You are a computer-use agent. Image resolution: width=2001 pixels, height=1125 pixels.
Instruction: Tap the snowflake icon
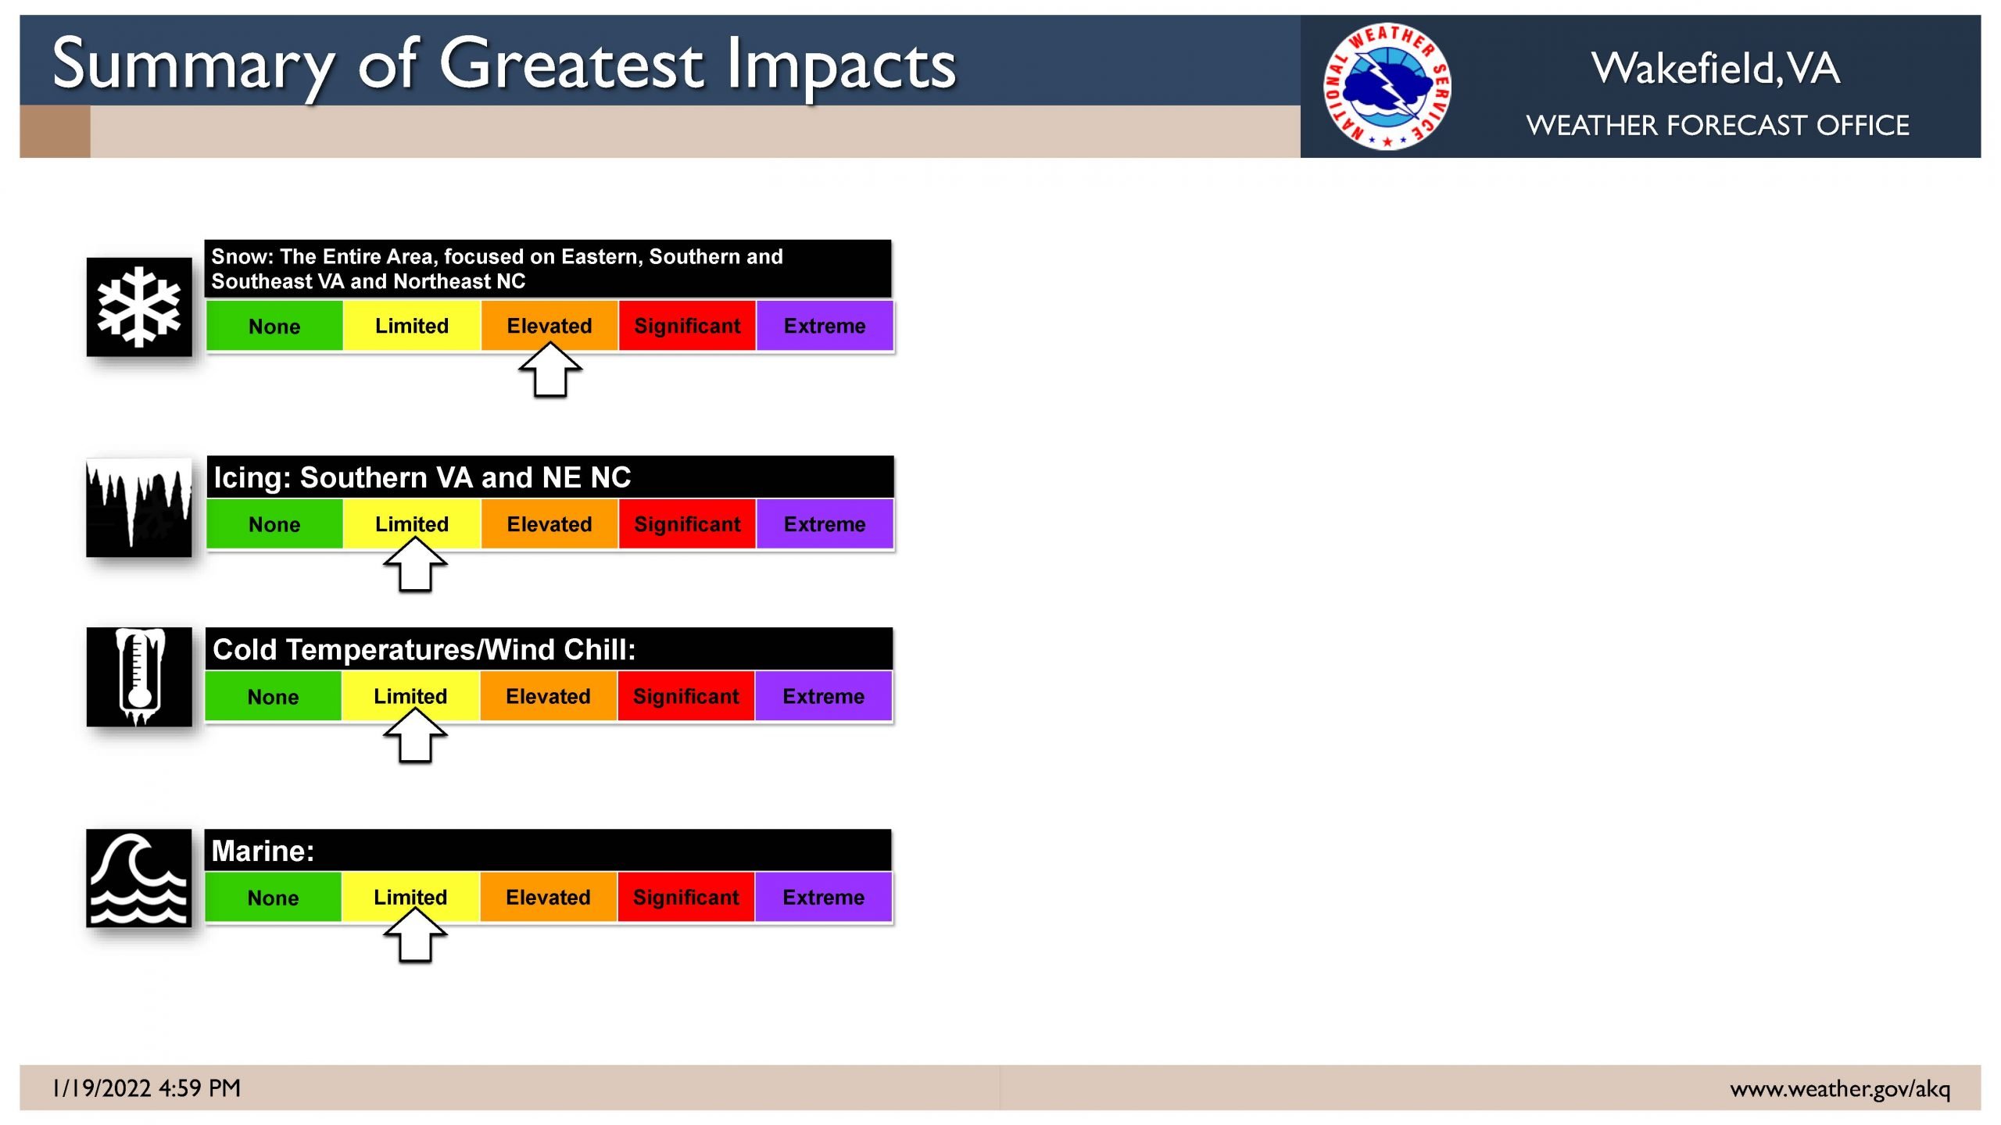point(139,307)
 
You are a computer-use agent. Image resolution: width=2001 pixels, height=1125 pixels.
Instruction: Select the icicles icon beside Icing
point(139,508)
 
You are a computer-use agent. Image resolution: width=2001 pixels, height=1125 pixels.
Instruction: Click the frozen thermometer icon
point(139,677)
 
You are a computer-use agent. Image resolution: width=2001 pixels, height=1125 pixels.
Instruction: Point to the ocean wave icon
point(139,878)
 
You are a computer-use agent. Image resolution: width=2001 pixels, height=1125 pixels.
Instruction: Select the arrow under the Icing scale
point(415,565)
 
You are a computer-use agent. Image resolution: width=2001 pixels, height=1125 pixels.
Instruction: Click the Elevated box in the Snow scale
point(549,326)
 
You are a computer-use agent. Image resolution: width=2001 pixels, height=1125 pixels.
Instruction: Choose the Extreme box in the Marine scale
point(823,897)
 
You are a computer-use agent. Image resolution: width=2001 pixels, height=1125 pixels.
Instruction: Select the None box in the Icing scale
point(274,524)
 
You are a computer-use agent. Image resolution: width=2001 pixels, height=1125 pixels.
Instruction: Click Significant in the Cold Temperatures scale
point(685,696)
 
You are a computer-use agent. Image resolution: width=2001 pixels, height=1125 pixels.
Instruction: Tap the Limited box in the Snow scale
point(412,326)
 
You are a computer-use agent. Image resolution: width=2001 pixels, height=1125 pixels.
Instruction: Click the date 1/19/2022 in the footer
point(102,1088)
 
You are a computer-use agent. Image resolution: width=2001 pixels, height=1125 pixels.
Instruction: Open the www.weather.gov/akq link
point(1840,1089)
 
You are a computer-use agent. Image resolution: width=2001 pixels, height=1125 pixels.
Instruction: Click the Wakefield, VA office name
point(1716,68)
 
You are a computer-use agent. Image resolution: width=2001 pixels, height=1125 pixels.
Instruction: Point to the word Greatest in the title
point(571,64)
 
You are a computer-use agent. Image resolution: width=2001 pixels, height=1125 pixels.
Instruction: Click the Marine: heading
point(263,851)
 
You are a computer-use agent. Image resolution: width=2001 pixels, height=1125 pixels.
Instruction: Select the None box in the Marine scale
point(273,897)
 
